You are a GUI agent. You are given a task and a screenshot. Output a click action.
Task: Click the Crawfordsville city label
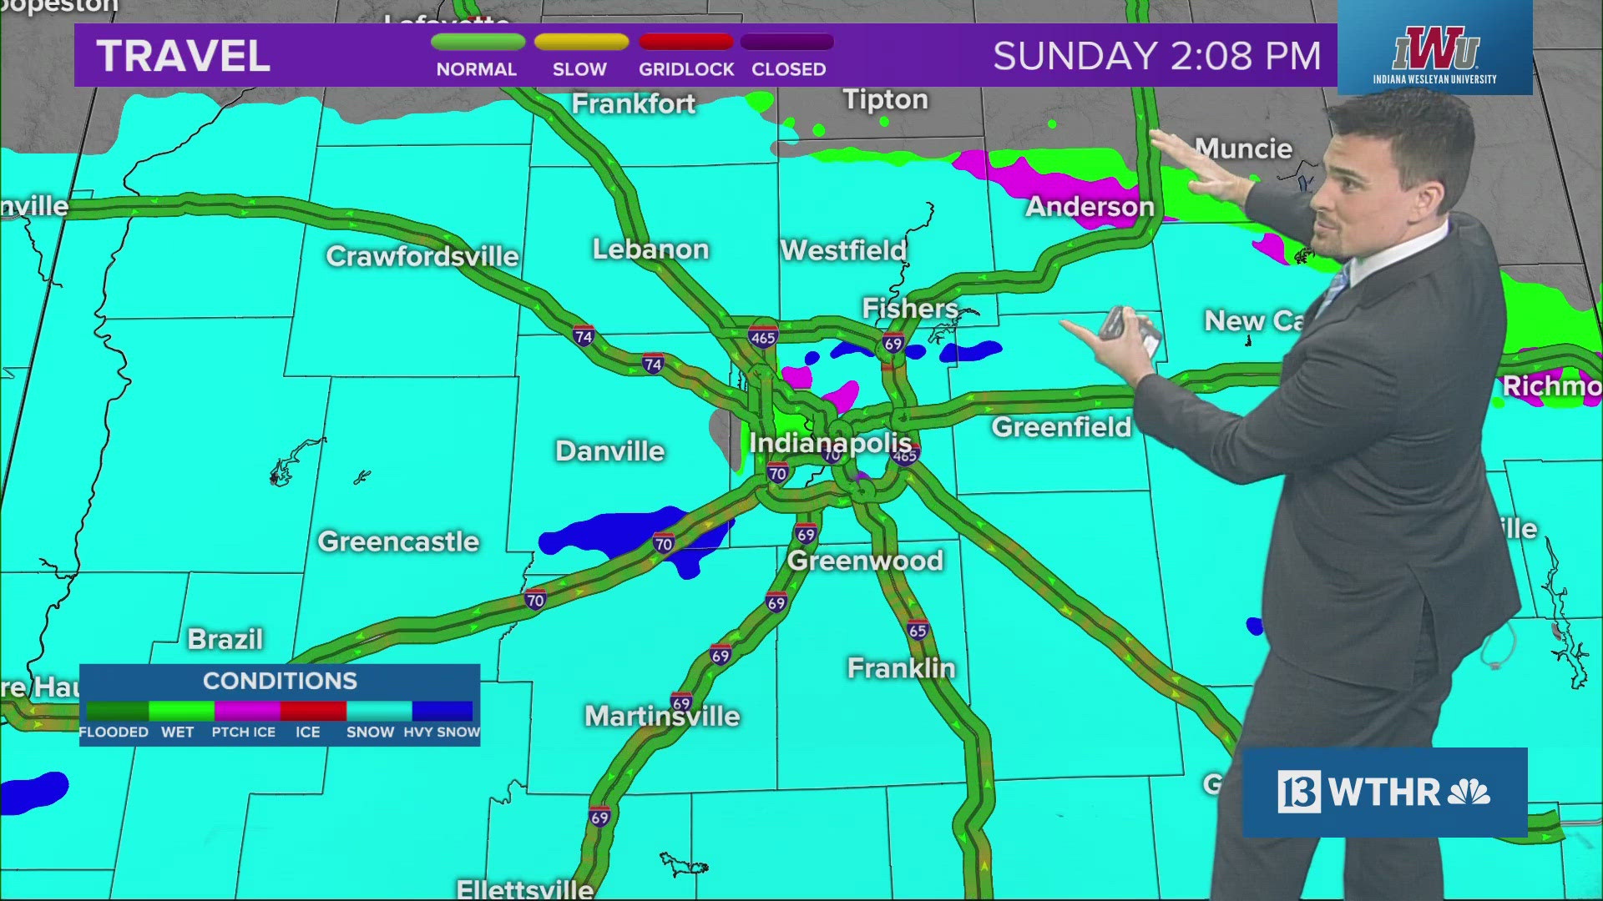point(422,256)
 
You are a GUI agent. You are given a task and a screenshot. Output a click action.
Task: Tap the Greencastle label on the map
point(398,542)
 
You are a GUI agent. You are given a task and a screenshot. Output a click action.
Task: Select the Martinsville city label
point(662,716)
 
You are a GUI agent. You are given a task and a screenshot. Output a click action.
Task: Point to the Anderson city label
point(1090,207)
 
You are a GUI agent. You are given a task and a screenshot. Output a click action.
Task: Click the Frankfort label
point(634,103)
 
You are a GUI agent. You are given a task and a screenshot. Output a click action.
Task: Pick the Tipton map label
point(885,99)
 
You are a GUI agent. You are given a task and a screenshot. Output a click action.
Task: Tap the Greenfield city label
point(1061,427)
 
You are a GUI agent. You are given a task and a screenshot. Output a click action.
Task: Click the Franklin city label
point(901,668)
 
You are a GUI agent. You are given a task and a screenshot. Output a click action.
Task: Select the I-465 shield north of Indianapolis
point(763,337)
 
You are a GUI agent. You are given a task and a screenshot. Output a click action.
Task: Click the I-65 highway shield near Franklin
point(918,631)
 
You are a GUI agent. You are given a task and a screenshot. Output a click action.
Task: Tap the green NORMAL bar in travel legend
point(478,42)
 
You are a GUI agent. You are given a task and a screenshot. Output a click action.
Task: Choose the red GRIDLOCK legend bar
point(685,42)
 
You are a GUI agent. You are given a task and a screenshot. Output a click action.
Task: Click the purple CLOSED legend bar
point(787,42)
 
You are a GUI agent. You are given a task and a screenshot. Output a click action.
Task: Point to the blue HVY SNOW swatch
point(442,711)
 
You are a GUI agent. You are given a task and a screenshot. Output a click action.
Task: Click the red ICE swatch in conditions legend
point(313,711)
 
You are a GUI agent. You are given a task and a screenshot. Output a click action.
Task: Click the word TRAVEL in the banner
point(184,57)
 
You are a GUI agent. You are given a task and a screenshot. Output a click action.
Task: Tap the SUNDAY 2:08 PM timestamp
point(1156,57)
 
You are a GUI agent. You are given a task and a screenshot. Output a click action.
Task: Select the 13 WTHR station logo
point(1383,792)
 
